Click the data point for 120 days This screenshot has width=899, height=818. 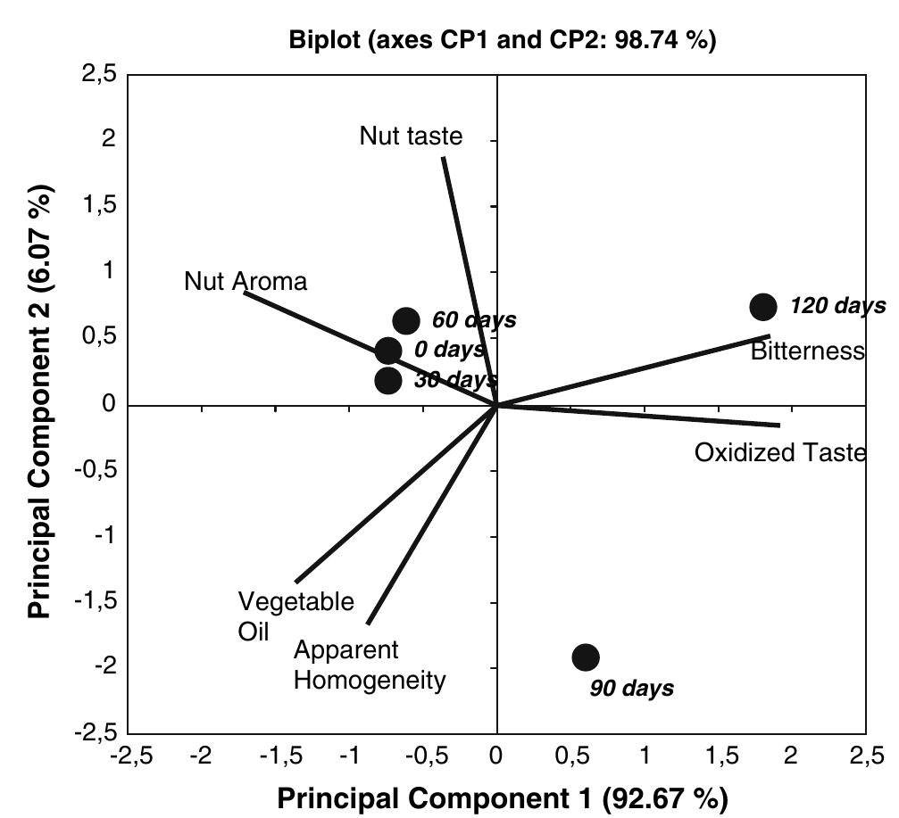(x=763, y=307)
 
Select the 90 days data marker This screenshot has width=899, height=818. (x=585, y=657)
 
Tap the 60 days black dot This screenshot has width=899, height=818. (x=406, y=320)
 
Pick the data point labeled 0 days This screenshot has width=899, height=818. (x=388, y=351)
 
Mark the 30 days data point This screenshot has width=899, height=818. (x=388, y=381)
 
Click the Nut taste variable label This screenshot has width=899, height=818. (x=412, y=136)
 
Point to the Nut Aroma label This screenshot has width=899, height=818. (x=246, y=282)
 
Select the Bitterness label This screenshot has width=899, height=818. (x=807, y=351)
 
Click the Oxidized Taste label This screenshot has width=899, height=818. (x=779, y=453)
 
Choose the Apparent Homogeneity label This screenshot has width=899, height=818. (x=369, y=665)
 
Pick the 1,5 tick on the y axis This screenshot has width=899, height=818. (x=104, y=206)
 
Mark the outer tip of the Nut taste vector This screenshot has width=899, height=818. (x=444, y=157)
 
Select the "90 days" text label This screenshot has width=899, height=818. (x=632, y=689)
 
